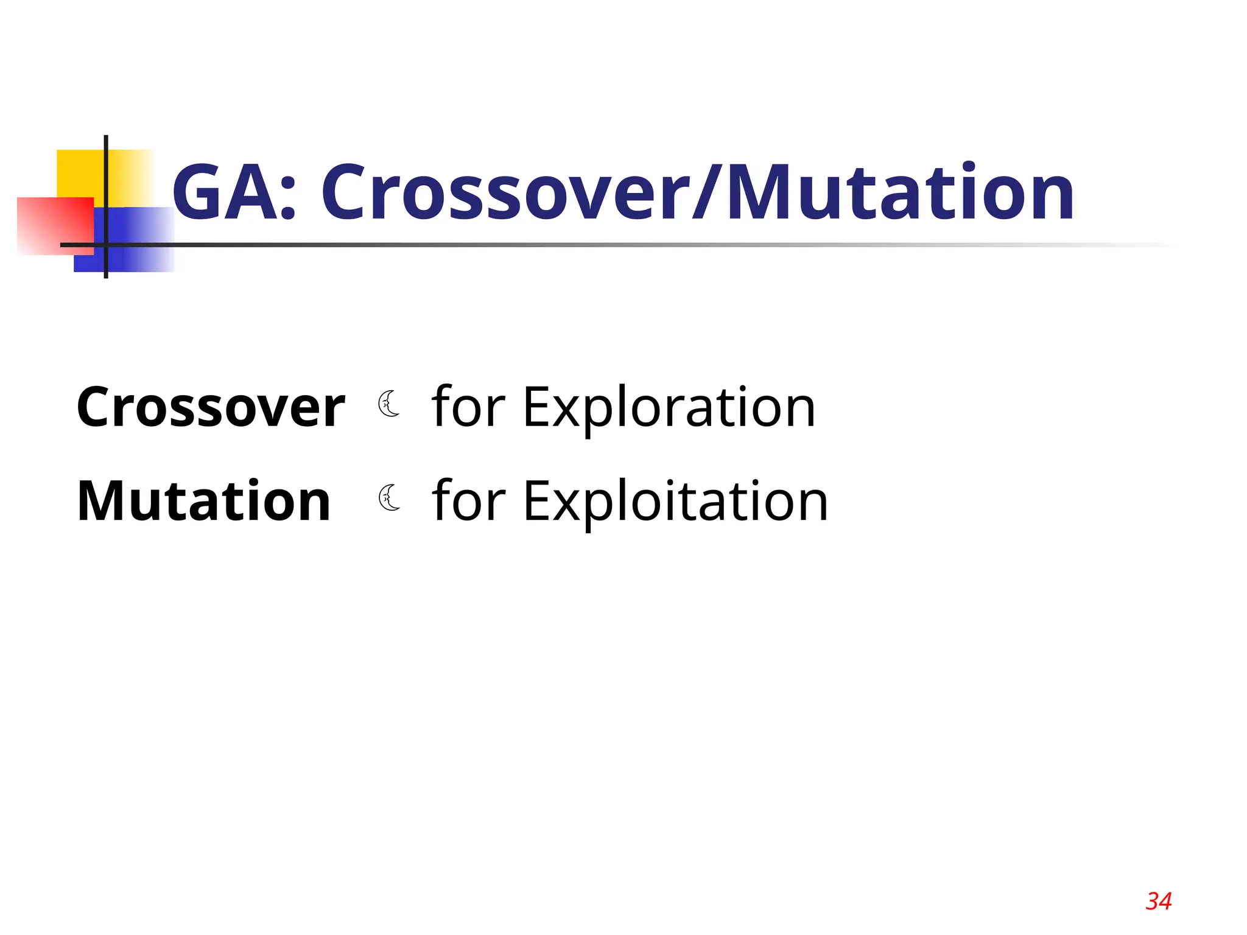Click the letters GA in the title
pyautogui.click(x=225, y=193)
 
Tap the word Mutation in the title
pyautogui.click(x=901, y=193)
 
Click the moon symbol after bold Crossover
pyautogui.click(x=388, y=404)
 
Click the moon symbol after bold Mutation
pyautogui.click(x=388, y=498)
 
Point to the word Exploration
pyautogui.click(x=669, y=408)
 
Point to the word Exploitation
pyautogui.click(x=675, y=502)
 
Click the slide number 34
pyautogui.click(x=1158, y=901)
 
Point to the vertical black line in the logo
pyautogui.click(x=106, y=183)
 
